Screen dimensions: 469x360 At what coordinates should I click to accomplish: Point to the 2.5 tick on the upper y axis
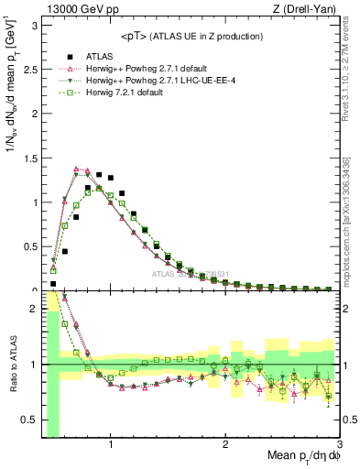[29, 69]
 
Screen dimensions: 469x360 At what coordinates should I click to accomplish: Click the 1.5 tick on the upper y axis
[29, 158]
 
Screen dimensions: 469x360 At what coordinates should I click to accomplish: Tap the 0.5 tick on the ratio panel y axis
[29, 420]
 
